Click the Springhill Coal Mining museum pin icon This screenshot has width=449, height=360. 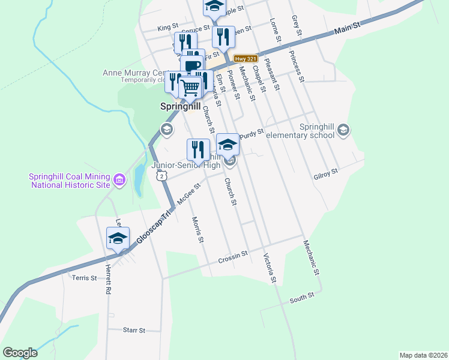(119, 179)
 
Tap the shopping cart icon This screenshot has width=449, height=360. (190, 88)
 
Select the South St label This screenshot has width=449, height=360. (302, 298)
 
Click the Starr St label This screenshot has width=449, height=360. (134, 330)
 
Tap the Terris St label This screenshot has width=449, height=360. (84, 278)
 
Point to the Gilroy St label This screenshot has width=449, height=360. (326, 171)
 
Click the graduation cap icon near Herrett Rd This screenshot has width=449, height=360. (118, 239)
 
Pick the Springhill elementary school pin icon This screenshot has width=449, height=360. (343, 130)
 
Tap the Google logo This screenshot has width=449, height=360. (20, 353)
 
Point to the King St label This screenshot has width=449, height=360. (168, 28)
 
